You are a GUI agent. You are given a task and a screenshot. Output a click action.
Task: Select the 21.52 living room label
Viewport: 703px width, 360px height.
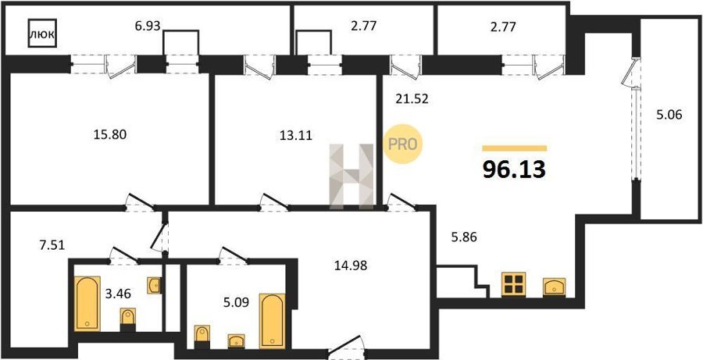(x=412, y=98)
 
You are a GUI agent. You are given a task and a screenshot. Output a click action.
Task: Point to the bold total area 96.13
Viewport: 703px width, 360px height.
(x=514, y=169)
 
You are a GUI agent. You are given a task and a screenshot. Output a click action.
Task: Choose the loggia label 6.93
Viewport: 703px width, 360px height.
(x=148, y=26)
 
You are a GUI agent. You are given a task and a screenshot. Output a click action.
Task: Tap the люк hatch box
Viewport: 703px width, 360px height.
(x=43, y=33)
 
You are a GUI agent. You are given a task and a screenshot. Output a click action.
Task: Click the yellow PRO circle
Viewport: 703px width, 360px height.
(x=403, y=144)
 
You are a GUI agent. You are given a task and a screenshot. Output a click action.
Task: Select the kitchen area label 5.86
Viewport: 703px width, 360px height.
(x=463, y=237)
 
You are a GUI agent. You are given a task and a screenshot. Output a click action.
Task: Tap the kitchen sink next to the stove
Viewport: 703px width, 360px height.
(x=554, y=287)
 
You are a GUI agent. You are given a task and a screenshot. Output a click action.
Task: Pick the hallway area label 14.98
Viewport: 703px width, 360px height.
(x=351, y=266)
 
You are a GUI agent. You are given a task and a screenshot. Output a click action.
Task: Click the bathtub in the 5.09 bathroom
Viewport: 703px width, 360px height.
(x=272, y=321)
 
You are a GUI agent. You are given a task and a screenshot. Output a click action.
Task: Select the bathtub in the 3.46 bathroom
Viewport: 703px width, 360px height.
(x=87, y=304)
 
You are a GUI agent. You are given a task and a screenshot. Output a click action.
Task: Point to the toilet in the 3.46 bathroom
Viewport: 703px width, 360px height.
(x=128, y=320)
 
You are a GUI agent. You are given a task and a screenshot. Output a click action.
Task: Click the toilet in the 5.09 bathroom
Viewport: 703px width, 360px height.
(x=202, y=337)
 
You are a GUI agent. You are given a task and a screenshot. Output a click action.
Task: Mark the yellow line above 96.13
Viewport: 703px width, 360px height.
(x=514, y=148)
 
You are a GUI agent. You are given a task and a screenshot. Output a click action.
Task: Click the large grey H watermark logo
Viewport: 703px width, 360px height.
(x=351, y=176)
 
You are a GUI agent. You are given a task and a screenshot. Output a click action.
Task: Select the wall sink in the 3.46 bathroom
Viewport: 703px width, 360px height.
(x=154, y=285)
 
